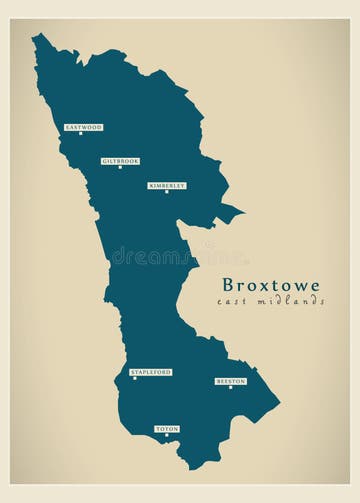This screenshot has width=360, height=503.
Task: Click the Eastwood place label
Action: (x=83, y=127)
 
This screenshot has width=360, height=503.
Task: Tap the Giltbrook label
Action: (x=120, y=160)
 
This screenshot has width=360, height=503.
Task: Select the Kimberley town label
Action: (x=167, y=185)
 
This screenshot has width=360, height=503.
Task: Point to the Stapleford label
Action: (x=151, y=372)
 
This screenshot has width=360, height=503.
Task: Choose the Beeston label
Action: (x=230, y=381)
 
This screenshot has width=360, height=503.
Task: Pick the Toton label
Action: (x=167, y=429)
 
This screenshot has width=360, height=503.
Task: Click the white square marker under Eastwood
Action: (x=81, y=134)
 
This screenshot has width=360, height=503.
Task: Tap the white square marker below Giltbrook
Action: (x=120, y=167)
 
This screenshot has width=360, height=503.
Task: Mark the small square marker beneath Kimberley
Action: (x=166, y=192)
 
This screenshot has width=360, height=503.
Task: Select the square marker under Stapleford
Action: (x=134, y=379)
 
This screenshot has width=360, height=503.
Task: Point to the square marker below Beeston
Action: (x=230, y=388)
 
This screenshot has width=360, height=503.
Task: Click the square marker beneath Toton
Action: (x=166, y=436)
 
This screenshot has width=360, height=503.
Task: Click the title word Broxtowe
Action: (x=271, y=285)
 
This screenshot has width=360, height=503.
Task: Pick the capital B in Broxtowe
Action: (x=229, y=285)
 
